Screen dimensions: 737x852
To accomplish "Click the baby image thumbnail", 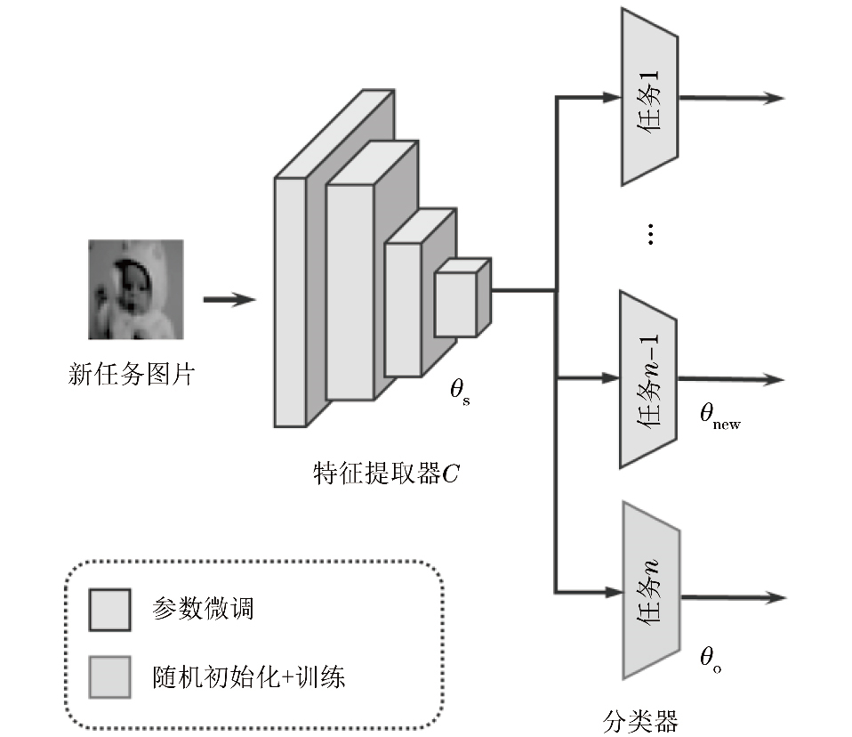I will point(135,289).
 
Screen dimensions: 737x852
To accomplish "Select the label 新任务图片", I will point(131,374).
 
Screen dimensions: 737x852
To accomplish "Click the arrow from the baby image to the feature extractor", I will point(229,300).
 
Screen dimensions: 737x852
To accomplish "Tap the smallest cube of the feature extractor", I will point(457,302).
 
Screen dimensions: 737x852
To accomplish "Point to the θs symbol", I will point(460,392).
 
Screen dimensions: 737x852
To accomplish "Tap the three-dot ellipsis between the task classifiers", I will point(651,234).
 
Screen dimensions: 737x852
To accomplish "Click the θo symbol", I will point(711,660).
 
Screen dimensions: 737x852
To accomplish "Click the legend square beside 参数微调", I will point(109,611).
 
